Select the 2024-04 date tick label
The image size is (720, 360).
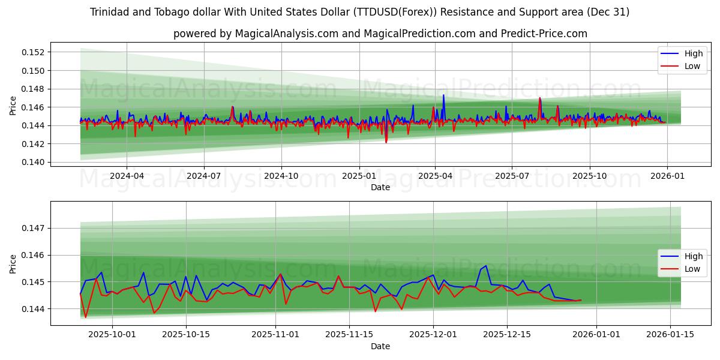(127, 176)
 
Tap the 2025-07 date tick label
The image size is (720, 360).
(512, 176)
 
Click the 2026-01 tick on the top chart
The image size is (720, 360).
(667, 176)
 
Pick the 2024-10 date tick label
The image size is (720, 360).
(281, 176)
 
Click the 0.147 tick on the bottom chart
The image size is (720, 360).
(37, 228)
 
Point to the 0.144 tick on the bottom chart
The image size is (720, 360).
(37, 308)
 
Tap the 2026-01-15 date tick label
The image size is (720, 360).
(669, 335)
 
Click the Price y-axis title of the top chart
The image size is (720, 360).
(13, 104)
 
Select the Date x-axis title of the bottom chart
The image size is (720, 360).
(380, 346)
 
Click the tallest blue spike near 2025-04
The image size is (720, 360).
(443, 95)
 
